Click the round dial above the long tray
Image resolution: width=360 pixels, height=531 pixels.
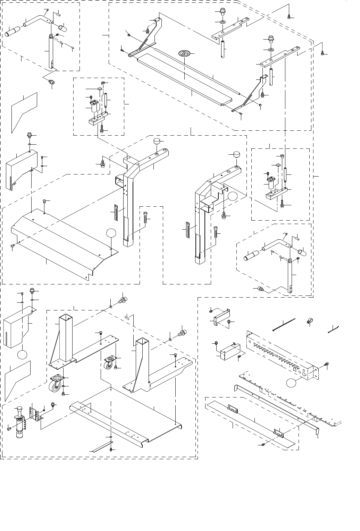coord(184,53)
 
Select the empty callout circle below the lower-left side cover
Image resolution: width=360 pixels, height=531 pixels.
coord(22,354)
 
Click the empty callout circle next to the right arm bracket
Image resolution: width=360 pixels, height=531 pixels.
coord(233,196)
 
